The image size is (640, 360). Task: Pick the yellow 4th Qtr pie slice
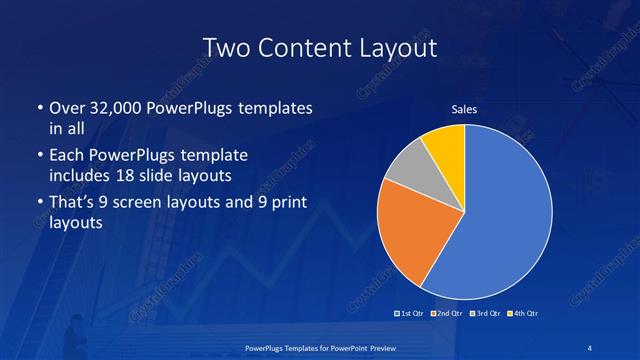pyautogui.click(x=445, y=145)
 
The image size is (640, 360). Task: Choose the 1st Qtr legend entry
pyautogui.click(x=410, y=314)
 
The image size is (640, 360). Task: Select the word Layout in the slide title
pyautogui.click(x=398, y=47)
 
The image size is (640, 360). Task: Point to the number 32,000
pyautogui.click(x=115, y=108)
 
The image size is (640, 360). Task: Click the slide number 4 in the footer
pyautogui.click(x=592, y=347)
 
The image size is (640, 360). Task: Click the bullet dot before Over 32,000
pyautogui.click(x=38, y=108)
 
